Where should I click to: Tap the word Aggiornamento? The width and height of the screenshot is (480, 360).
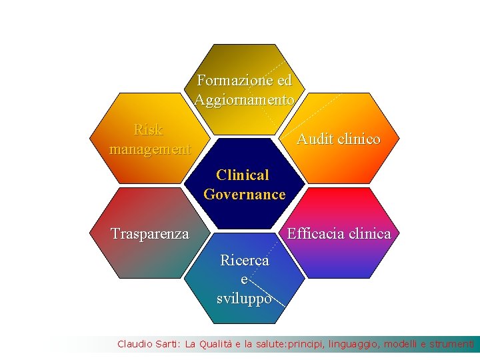pyautogui.click(x=245, y=100)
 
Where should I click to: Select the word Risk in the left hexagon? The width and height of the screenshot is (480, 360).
pyautogui.click(x=148, y=129)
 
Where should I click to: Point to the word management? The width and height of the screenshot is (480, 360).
pyautogui.click(x=150, y=149)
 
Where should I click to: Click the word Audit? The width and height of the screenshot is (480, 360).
pyautogui.click(x=315, y=139)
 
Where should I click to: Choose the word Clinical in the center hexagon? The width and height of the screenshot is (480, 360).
pyautogui.click(x=243, y=175)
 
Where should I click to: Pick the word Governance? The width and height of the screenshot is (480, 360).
pyautogui.click(x=245, y=195)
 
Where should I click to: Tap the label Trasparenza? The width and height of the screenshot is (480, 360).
pyautogui.click(x=150, y=234)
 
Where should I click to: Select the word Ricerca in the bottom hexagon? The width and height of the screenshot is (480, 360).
pyautogui.click(x=245, y=260)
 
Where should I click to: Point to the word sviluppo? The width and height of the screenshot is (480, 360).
pyautogui.click(x=244, y=298)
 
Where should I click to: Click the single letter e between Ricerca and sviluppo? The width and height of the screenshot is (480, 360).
pyautogui.click(x=244, y=280)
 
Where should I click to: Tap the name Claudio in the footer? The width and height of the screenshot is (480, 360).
pyautogui.click(x=134, y=344)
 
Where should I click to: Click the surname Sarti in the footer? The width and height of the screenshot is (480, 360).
pyautogui.click(x=167, y=344)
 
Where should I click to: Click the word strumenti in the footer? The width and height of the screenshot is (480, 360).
pyautogui.click(x=452, y=344)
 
